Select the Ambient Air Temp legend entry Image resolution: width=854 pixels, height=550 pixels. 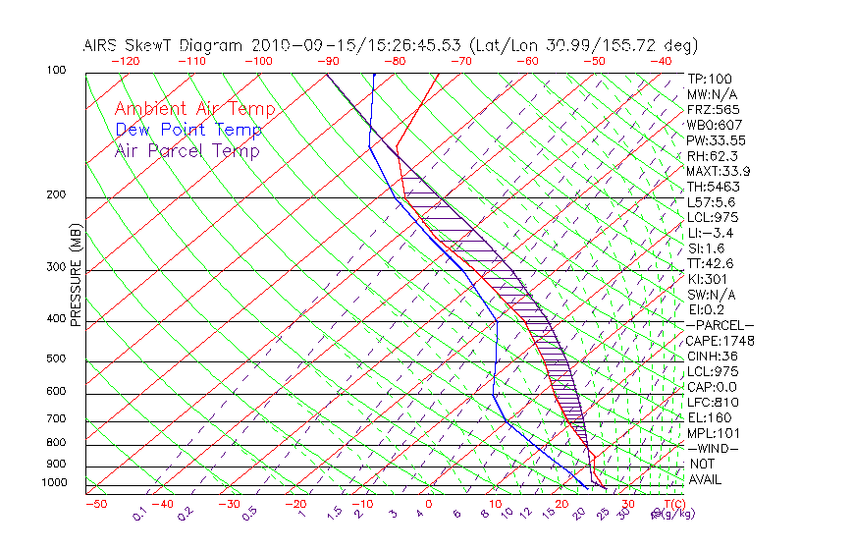(x=194, y=110)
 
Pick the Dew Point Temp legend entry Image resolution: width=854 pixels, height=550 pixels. (x=188, y=131)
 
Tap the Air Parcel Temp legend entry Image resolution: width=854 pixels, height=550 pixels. (x=187, y=151)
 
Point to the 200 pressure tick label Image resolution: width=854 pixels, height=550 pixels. (x=56, y=195)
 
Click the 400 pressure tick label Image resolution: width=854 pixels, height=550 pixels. (x=56, y=319)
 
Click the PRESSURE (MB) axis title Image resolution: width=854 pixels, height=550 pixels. (x=76, y=276)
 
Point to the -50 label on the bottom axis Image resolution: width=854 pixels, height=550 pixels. (x=95, y=504)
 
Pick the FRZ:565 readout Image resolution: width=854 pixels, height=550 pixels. (x=713, y=109)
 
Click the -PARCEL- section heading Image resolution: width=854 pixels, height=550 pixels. (x=720, y=325)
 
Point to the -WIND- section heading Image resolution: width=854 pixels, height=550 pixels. (x=714, y=448)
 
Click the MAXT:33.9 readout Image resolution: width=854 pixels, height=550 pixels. (x=718, y=171)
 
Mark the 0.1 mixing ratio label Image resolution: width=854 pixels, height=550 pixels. (x=139, y=512)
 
